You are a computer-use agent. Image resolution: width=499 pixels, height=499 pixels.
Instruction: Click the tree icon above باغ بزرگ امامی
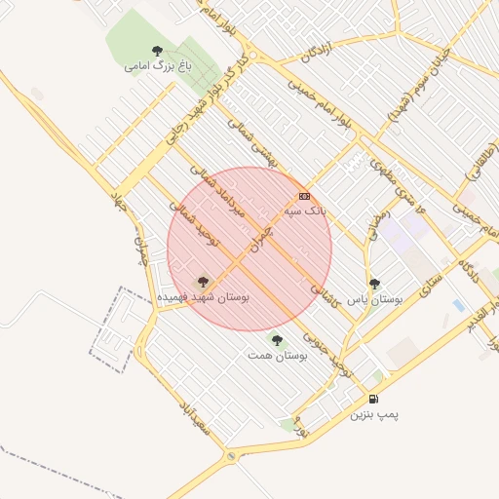(x=157, y=51)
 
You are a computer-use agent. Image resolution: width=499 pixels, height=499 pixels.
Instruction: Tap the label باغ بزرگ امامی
(x=156, y=67)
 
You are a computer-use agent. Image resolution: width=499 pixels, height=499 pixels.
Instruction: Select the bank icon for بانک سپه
(x=304, y=196)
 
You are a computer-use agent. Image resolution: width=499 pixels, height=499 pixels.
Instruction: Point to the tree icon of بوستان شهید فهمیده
(x=204, y=281)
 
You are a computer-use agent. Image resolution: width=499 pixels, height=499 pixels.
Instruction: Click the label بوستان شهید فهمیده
(x=203, y=296)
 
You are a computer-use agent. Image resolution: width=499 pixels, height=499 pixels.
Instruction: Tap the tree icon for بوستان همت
(x=278, y=340)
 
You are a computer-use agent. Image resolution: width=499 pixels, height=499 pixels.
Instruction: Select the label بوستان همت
(x=278, y=357)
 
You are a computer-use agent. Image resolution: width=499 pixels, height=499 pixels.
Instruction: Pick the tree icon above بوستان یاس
(x=375, y=284)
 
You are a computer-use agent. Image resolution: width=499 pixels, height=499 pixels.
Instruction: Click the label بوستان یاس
(x=375, y=299)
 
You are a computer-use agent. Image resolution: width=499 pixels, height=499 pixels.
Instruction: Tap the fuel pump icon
(x=373, y=399)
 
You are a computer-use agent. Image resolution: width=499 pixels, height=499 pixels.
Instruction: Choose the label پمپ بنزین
(x=375, y=414)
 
